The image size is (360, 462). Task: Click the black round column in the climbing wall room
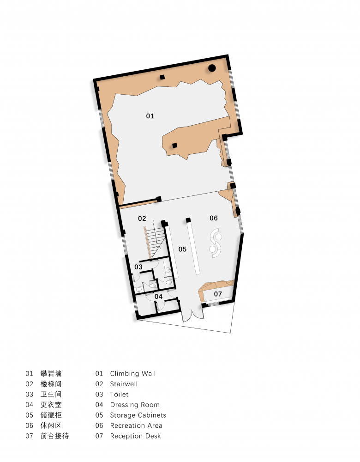tap(212, 68)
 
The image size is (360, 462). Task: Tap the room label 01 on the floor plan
tap(150, 116)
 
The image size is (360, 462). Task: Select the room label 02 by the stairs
tap(142, 219)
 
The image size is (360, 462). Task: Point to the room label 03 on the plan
tap(138, 267)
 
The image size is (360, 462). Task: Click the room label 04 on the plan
tap(158, 297)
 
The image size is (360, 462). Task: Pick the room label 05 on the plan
tap(182, 249)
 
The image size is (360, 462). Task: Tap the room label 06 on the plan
tap(214, 218)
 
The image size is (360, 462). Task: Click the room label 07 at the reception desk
tap(218, 294)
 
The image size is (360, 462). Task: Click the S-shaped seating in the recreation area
tap(216, 243)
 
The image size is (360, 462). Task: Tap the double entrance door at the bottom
tap(192, 315)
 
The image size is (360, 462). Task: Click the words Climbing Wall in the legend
tap(133, 374)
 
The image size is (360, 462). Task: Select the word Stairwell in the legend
tap(124, 384)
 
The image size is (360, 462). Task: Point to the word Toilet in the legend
tap(119, 394)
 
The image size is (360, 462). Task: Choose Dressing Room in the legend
tap(135, 405)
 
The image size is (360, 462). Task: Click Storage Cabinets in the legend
tap(138, 415)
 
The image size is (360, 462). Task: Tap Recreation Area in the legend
tap(136, 426)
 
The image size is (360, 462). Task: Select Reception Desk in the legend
tap(135, 436)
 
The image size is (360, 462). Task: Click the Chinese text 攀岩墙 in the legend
tap(51, 374)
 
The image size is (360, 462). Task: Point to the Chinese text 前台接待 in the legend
tap(54, 436)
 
